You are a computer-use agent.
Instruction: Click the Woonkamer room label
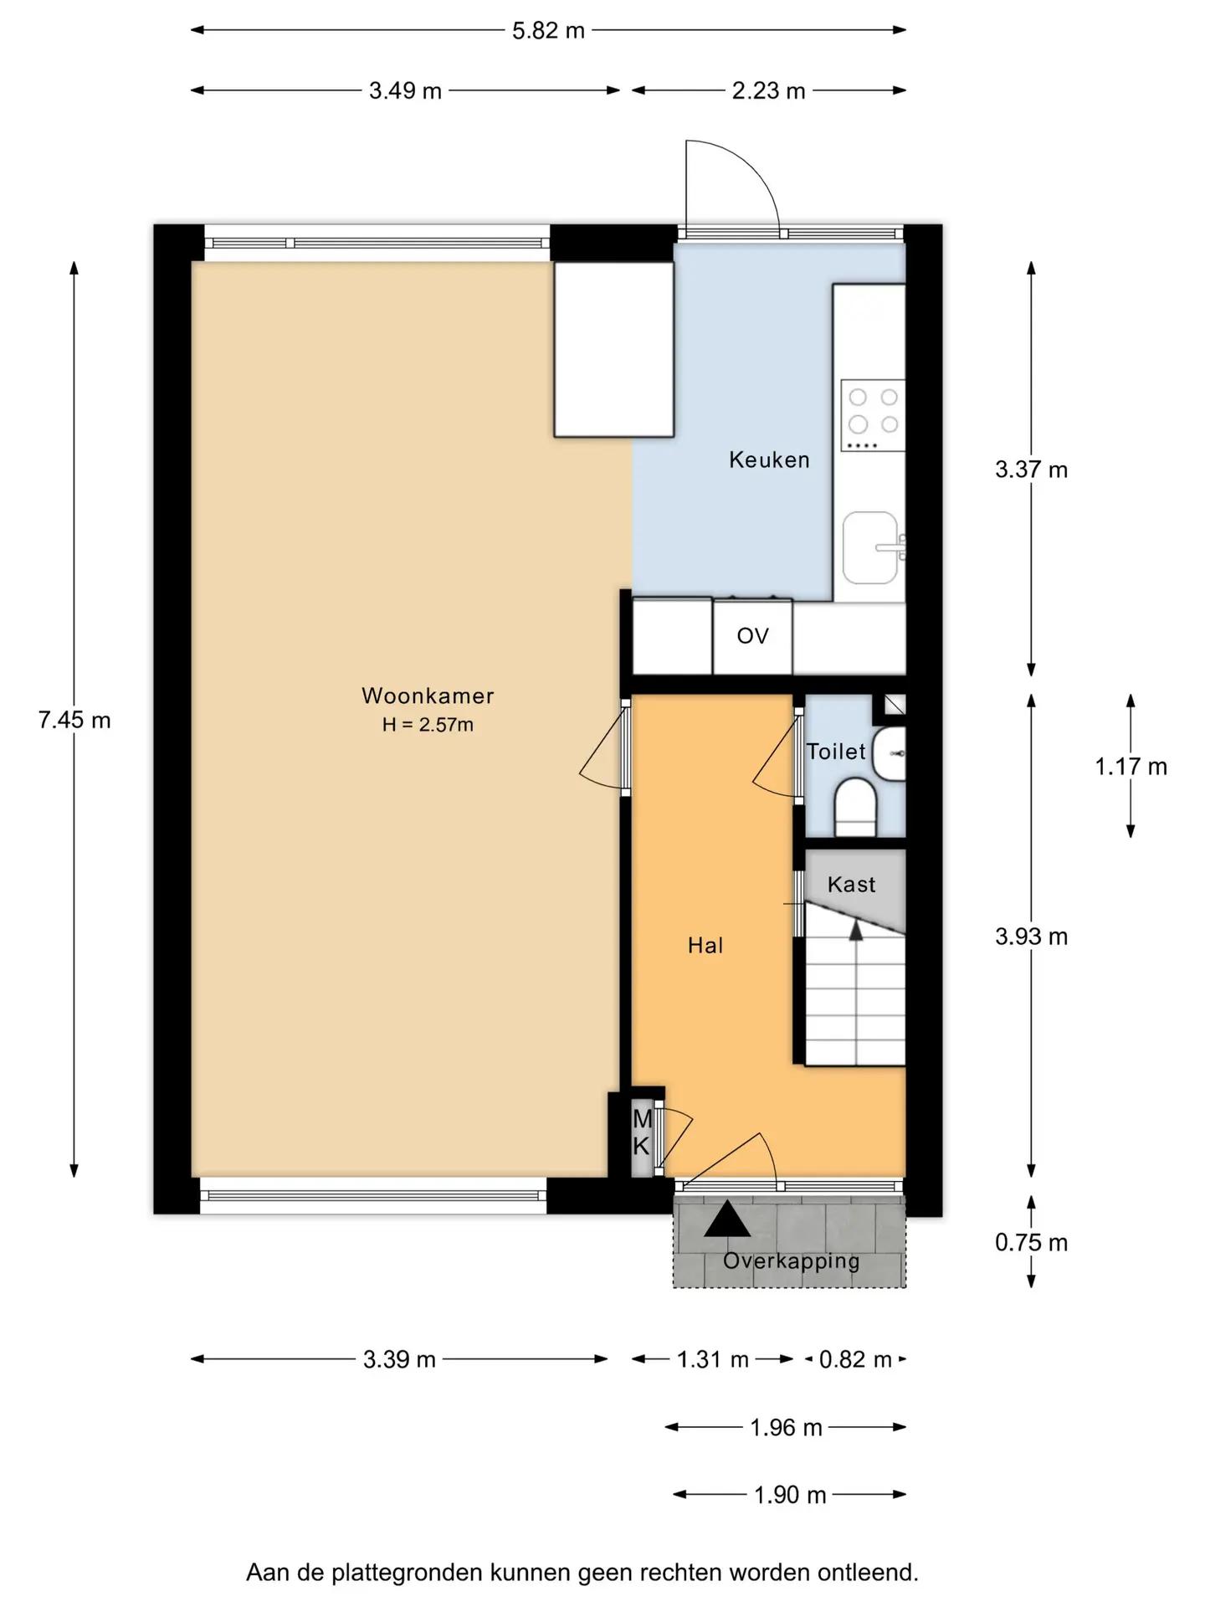click(x=428, y=696)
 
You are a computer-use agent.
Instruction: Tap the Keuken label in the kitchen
click(x=769, y=460)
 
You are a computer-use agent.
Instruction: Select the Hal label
click(x=705, y=945)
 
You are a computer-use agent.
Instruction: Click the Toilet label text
click(x=835, y=751)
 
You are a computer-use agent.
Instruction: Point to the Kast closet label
click(x=852, y=884)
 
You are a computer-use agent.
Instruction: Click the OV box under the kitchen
click(x=752, y=636)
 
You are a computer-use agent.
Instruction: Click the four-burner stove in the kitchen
click(x=873, y=415)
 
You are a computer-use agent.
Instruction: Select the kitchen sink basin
click(x=870, y=548)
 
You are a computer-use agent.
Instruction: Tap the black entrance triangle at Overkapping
click(x=727, y=1219)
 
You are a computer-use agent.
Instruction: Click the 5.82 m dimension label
click(x=548, y=31)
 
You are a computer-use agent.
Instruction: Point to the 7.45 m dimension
click(x=74, y=720)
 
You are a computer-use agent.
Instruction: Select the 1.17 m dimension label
click(x=1131, y=766)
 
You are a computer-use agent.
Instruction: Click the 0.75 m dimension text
click(x=1032, y=1243)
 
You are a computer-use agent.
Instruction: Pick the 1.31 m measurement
click(x=713, y=1359)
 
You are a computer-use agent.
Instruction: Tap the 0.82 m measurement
click(x=855, y=1359)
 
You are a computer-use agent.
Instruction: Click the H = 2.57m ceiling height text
click(x=428, y=725)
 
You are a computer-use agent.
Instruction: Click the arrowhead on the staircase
click(x=856, y=930)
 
